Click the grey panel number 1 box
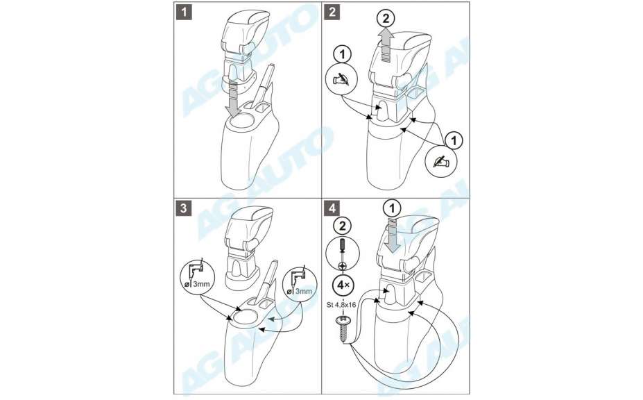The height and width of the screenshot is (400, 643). (x=184, y=12)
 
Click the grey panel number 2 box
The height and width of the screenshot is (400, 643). (x=332, y=12)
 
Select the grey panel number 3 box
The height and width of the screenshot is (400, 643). (x=184, y=208)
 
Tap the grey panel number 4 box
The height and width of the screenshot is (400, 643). (x=332, y=208)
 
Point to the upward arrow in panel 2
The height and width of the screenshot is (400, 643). (x=386, y=45)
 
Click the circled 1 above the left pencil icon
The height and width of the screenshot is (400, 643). (x=342, y=54)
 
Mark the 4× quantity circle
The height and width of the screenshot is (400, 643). (x=343, y=285)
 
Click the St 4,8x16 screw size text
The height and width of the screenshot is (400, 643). (x=342, y=305)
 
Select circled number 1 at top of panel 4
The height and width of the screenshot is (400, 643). (x=393, y=209)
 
